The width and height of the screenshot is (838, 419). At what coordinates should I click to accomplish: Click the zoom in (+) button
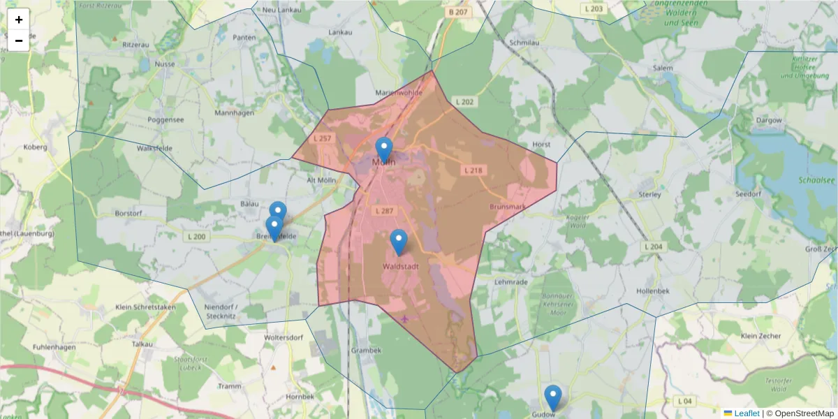coord(19,20)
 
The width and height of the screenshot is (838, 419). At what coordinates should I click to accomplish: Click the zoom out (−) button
coord(19,41)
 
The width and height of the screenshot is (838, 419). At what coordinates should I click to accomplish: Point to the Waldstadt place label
coord(400,267)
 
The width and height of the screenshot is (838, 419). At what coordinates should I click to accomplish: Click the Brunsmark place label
coord(508,207)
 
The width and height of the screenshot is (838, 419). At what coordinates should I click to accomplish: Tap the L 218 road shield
coord(473,170)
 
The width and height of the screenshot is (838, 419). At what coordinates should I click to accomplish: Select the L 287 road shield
coord(383,210)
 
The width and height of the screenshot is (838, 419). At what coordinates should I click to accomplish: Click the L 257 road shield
coord(322,138)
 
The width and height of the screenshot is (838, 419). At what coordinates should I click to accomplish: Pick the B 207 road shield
coord(458,12)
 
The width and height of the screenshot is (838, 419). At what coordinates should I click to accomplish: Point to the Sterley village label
coord(649,195)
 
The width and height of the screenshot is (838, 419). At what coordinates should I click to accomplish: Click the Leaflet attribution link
coord(746,413)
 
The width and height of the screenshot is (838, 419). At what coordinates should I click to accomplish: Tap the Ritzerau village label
coord(135,44)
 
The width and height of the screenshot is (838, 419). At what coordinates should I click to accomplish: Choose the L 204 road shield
coord(653,247)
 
